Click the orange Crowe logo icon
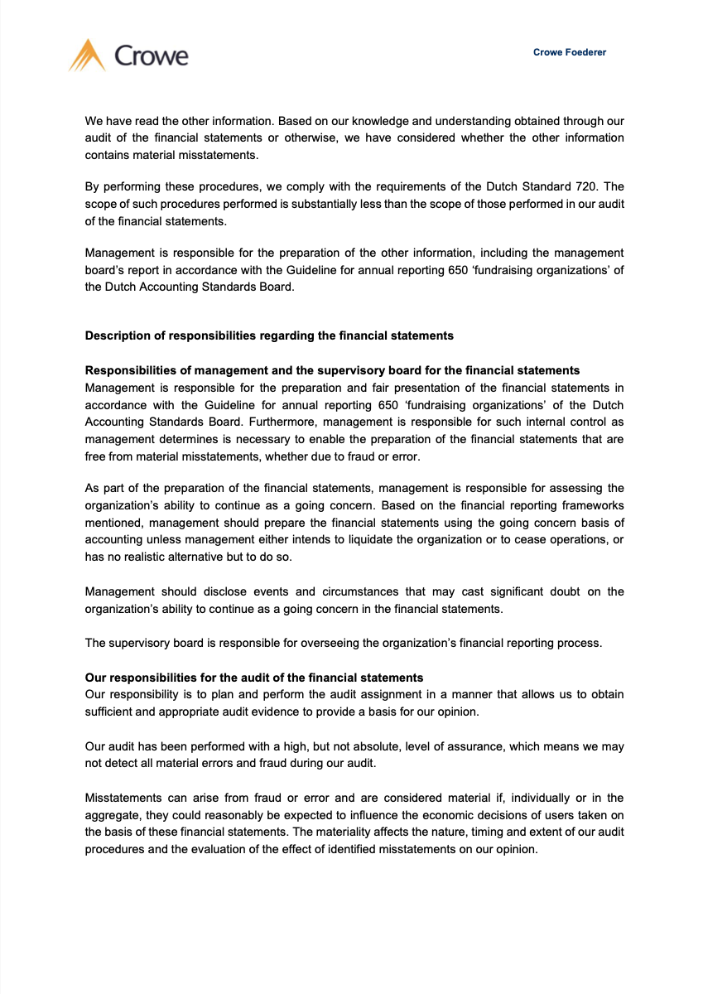pyautogui.click(x=87, y=55)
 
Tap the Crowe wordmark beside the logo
pyautogui.click(x=151, y=56)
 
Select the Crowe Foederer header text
pyautogui.click(x=570, y=52)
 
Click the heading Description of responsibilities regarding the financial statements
pyautogui.click(x=269, y=335)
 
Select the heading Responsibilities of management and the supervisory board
pyautogui.click(x=332, y=370)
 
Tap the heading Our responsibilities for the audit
pyautogui.click(x=254, y=677)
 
